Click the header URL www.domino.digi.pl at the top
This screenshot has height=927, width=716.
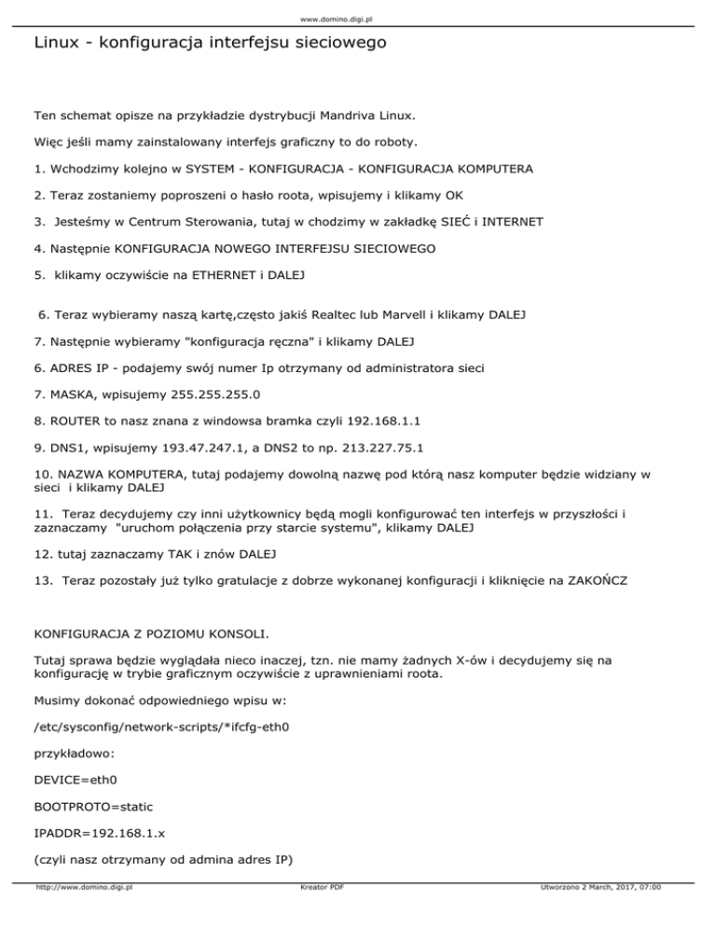click(x=358, y=18)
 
